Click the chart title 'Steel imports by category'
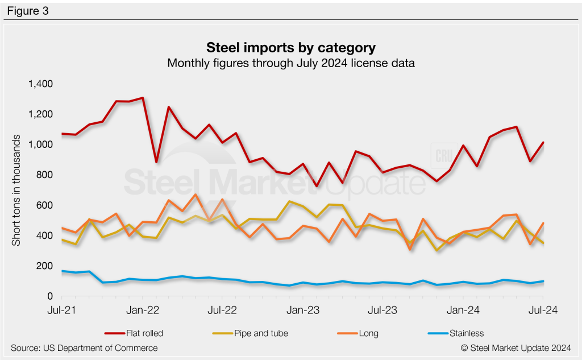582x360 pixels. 290,47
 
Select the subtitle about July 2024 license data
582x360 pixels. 290,63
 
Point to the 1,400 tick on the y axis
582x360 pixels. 40,84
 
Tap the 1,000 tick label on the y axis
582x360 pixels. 40,145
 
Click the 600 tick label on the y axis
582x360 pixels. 44,205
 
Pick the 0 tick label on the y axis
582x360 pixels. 49,297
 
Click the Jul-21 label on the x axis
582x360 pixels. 61,311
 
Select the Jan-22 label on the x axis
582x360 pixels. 142,311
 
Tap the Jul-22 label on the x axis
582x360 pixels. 222,311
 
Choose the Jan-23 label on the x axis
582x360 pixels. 302,311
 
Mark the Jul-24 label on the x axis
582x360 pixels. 543,311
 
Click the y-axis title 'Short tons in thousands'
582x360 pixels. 16,191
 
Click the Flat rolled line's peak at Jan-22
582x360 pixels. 142,98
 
